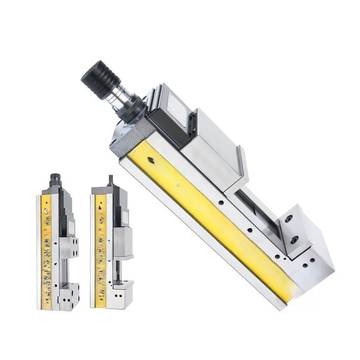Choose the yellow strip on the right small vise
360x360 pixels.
99,245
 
